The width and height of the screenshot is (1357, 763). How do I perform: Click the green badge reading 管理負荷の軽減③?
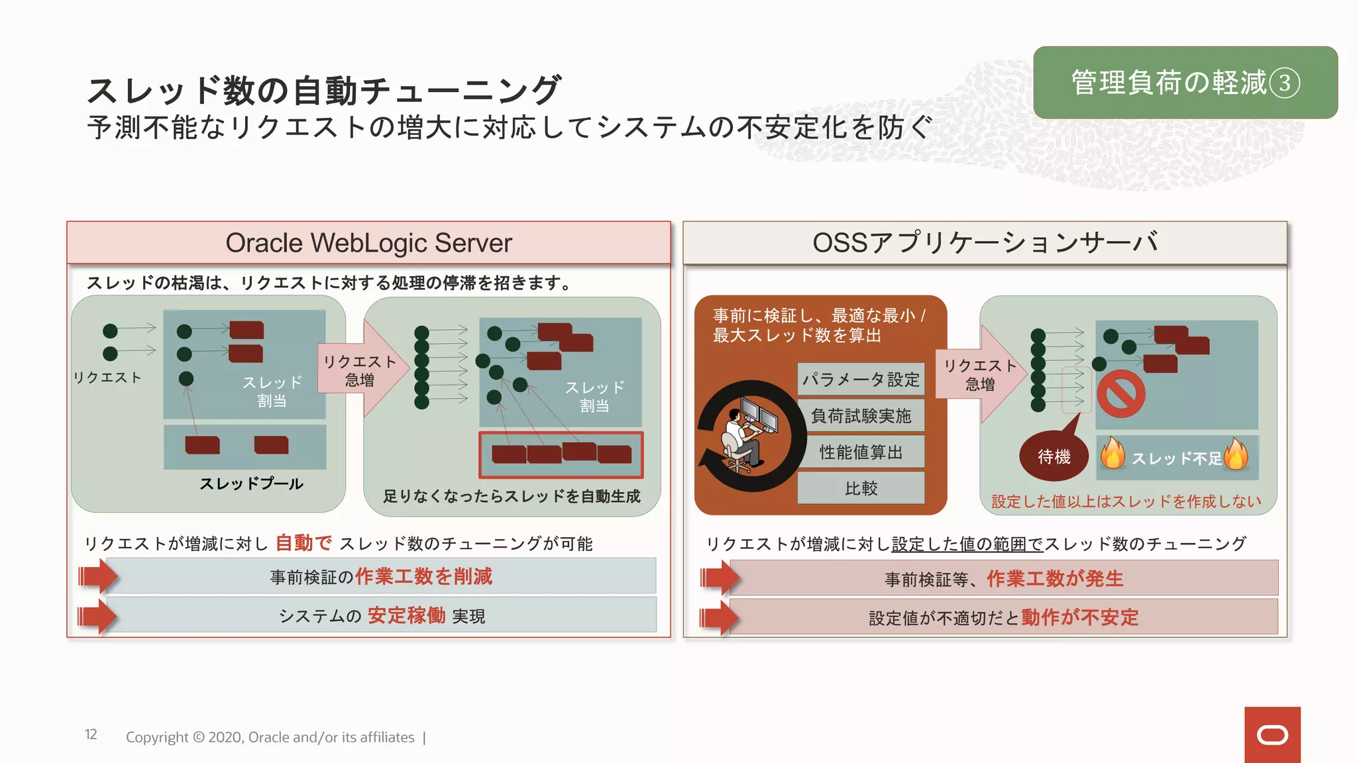(x=1185, y=83)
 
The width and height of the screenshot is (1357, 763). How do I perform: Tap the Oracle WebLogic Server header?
(x=368, y=243)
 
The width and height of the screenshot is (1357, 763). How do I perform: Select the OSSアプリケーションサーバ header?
(x=985, y=243)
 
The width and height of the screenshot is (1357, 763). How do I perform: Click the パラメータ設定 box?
(x=861, y=380)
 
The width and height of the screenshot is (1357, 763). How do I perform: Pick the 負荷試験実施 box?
(x=861, y=416)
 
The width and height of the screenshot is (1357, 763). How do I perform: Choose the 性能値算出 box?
(x=861, y=452)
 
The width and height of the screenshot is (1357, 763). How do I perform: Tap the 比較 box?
(x=861, y=489)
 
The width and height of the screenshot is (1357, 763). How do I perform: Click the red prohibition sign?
(x=1120, y=394)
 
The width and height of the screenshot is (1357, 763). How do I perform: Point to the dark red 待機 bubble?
(x=1054, y=456)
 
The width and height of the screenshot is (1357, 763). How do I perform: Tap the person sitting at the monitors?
(x=742, y=437)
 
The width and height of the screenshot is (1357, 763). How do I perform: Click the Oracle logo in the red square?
(x=1272, y=735)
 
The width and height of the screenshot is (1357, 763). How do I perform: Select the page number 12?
(x=91, y=735)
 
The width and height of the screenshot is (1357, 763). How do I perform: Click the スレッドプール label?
(x=251, y=484)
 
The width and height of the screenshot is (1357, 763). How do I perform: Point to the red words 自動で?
(x=303, y=543)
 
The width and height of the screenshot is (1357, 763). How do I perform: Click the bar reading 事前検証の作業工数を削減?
(x=381, y=576)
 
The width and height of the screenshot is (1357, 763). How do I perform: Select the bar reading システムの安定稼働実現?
(x=381, y=615)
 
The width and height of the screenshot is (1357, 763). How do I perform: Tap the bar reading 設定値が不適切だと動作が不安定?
(x=1003, y=617)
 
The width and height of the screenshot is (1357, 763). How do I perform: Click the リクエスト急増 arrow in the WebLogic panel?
(x=361, y=371)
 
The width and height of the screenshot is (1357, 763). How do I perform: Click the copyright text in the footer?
(x=270, y=737)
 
